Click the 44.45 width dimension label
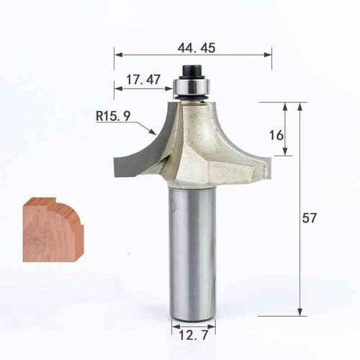197,48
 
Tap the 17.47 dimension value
143,80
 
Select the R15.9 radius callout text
113,116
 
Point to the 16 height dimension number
276,135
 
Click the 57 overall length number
310,218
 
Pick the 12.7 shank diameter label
194,335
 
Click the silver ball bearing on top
192,87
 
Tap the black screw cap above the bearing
192,71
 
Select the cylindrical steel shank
192,253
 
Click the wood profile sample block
53,230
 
